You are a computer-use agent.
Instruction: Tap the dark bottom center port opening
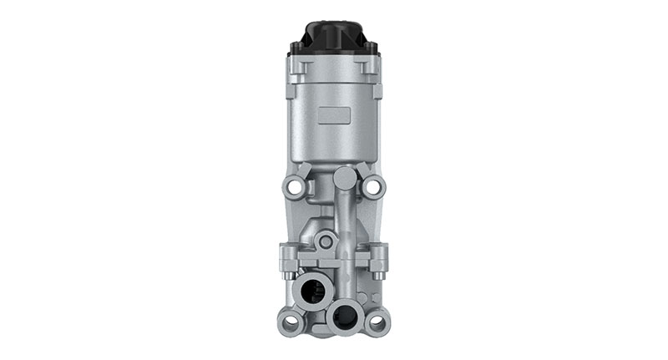pyautogui.click(x=342, y=315)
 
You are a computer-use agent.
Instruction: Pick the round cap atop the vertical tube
pyautogui.click(x=342, y=177)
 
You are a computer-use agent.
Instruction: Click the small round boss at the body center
pyautogui.click(x=326, y=241)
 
